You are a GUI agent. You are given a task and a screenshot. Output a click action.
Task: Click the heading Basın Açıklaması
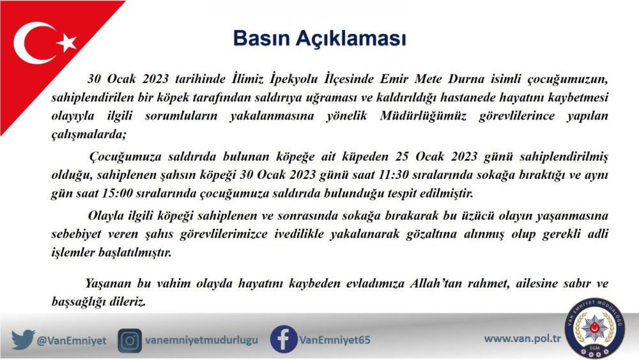(319, 39)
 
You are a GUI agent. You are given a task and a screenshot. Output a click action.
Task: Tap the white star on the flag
(67, 42)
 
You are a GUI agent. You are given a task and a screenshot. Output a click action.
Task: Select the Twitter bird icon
(23, 340)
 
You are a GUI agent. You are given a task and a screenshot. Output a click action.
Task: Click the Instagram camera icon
(130, 340)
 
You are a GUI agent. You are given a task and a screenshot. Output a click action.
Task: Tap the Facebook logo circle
(284, 339)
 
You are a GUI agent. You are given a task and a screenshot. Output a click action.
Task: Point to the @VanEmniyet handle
(72, 340)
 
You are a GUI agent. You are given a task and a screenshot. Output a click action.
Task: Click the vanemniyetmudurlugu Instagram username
(202, 340)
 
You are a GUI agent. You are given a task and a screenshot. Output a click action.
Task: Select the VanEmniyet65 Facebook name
(335, 340)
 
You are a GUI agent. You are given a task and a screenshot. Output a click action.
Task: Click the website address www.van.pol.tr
(523, 338)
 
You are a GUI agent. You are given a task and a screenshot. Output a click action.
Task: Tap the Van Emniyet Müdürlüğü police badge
(594, 328)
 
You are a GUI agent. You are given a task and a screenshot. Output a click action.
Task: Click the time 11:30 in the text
(393, 175)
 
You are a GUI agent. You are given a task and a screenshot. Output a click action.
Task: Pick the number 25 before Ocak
(402, 157)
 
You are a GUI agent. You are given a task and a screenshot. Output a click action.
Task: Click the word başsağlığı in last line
(78, 302)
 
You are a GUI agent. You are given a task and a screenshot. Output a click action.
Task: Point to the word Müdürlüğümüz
(423, 116)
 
